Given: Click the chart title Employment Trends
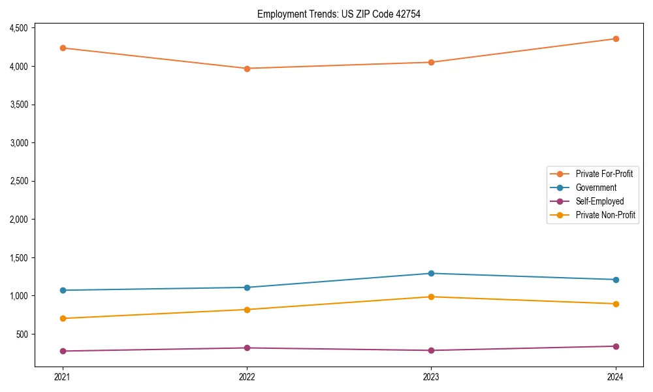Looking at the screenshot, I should point(338,14).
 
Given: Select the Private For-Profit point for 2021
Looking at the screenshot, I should point(63,48).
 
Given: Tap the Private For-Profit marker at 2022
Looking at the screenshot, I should point(247,69).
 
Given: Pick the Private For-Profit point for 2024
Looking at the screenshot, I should point(616,39).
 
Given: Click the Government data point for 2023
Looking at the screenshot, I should point(431,273).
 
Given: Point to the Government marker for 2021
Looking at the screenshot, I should point(63,290).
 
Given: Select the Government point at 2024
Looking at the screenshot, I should point(616,280).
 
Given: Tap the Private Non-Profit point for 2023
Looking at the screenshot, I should point(431,297).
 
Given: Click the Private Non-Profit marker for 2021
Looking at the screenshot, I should point(63,318).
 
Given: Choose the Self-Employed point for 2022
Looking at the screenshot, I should point(247,348).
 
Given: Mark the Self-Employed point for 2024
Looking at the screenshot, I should point(616,346).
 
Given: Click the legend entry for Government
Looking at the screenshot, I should point(596,188).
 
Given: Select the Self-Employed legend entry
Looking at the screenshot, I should point(599,201).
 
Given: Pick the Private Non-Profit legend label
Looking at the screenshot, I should point(605,215).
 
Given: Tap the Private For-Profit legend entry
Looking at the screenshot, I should point(604,174).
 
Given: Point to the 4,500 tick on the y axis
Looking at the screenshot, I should point(18,28).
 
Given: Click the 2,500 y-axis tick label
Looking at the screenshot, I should point(18,181).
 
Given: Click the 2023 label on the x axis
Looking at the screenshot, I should point(431,377).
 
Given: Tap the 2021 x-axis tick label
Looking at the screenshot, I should point(63,377).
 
